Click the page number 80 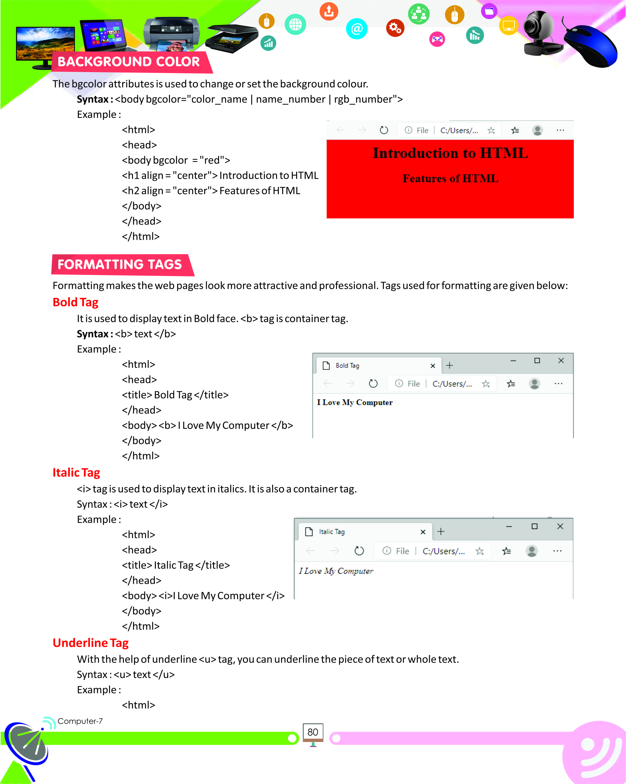[313, 732]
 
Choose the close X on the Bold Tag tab [432, 366]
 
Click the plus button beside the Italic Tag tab [441, 532]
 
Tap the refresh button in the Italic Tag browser [359, 551]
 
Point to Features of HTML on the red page [450, 179]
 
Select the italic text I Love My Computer [336, 571]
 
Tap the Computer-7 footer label [80, 721]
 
